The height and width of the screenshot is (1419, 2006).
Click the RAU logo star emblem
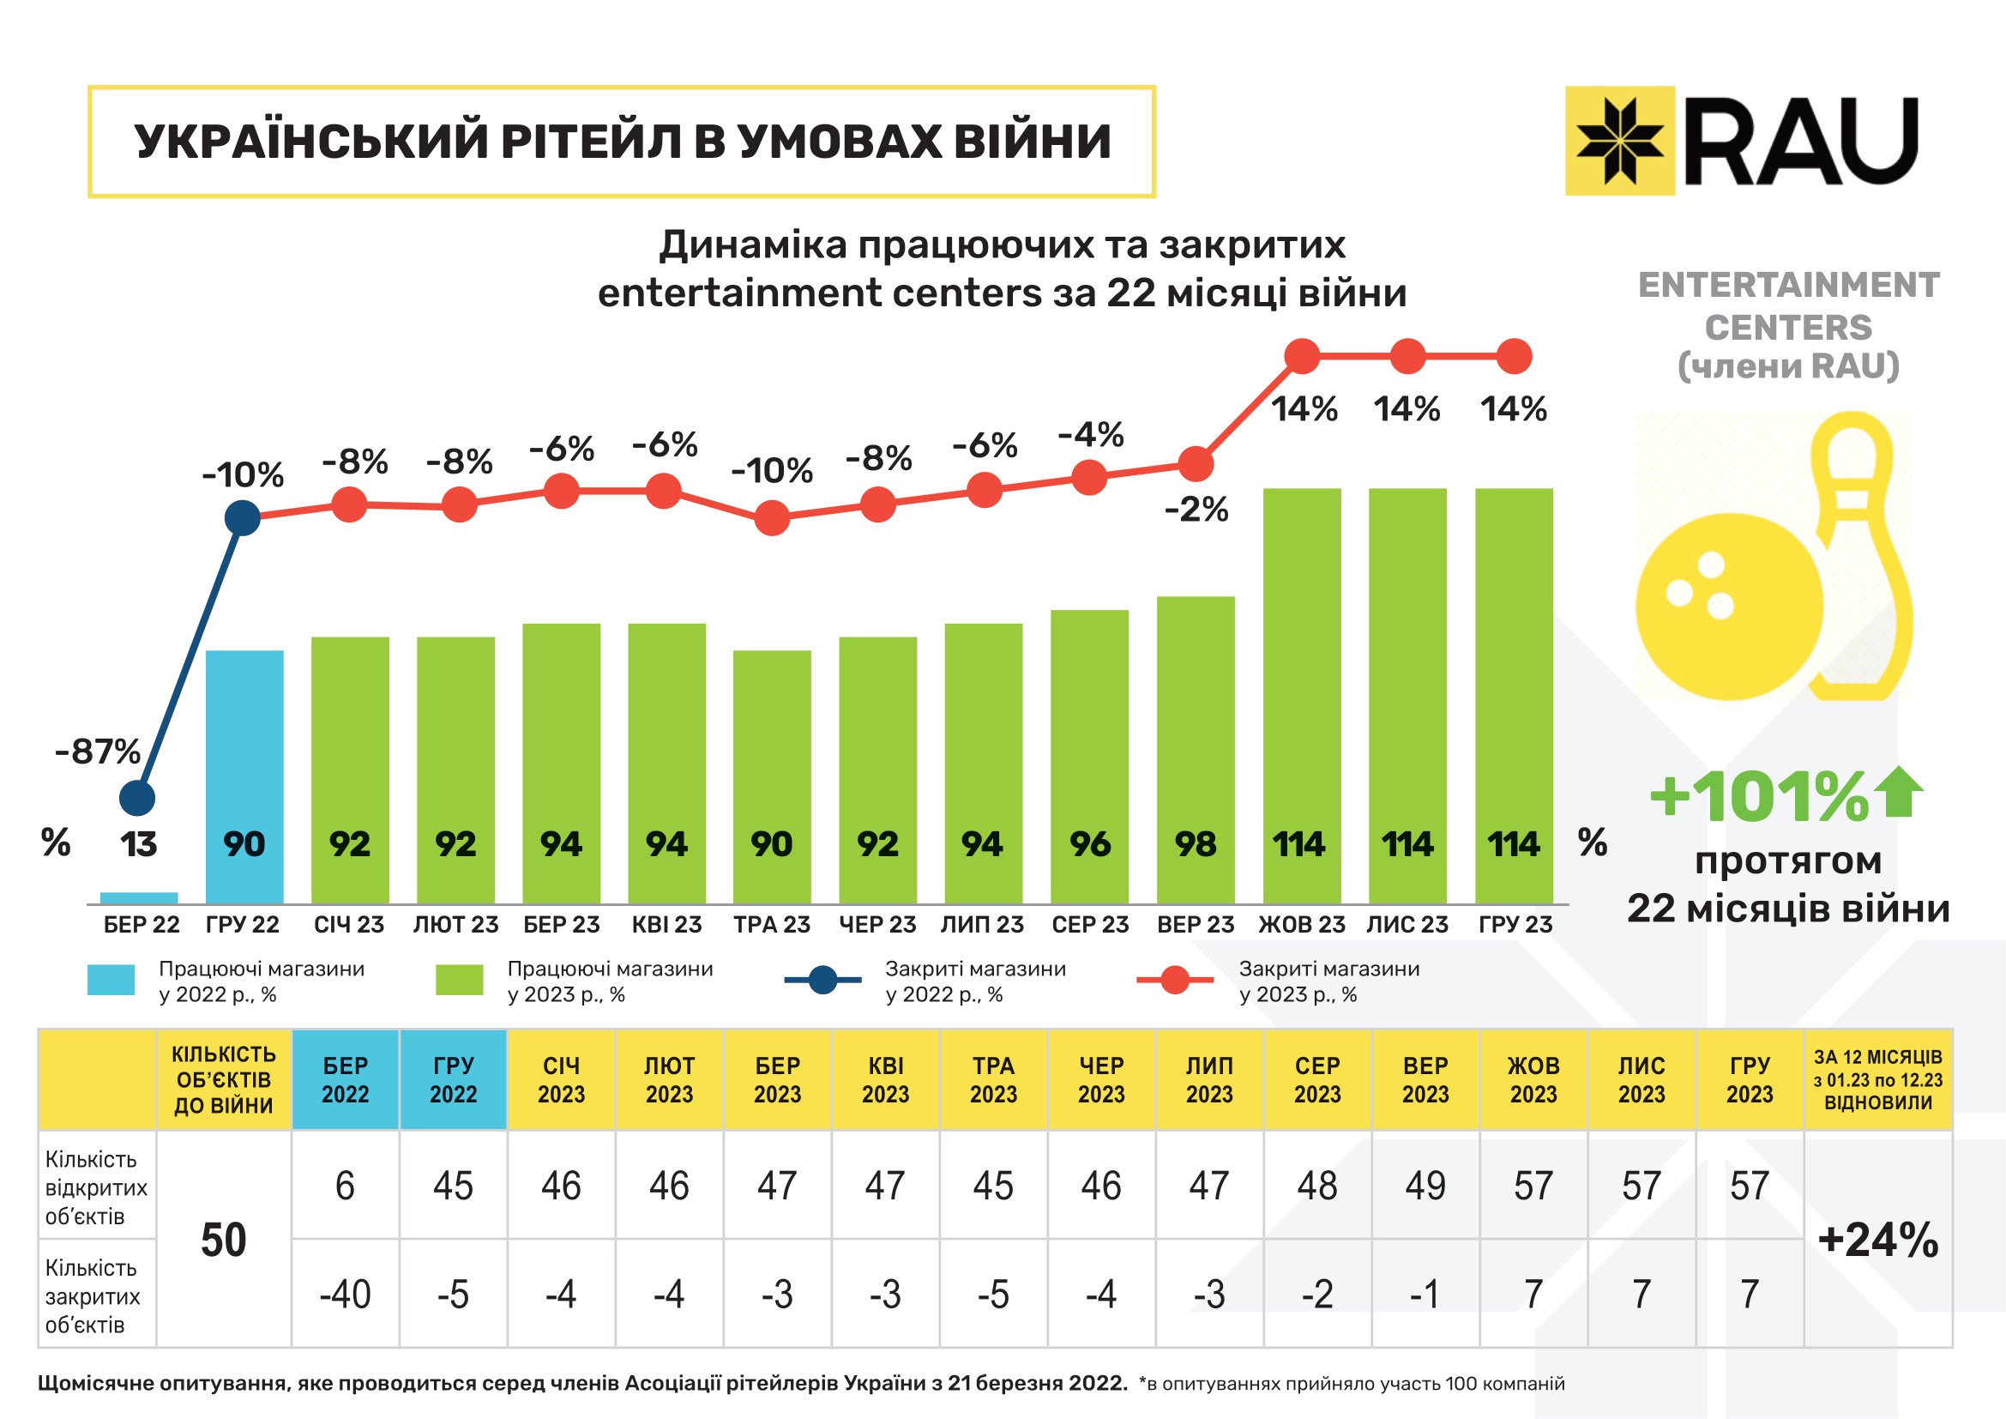coord(1619,140)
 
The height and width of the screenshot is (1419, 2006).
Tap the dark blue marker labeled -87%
coord(137,797)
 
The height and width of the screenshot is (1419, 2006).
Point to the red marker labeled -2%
coord(1196,464)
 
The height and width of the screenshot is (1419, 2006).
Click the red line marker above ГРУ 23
coord(1514,357)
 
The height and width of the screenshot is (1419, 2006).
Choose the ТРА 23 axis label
coord(772,925)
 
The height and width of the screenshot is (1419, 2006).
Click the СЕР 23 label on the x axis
coord(1089,925)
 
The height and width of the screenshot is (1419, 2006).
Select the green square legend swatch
coord(459,980)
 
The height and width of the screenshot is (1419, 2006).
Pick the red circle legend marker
coord(1175,980)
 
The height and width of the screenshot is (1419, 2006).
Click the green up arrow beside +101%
coord(1904,792)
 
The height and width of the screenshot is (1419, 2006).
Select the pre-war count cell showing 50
coord(224,1239)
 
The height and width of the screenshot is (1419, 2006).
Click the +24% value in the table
coord(1877,1239)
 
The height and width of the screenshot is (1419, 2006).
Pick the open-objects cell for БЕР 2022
coord(345,1185)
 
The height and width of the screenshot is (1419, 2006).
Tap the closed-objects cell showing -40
coord(345,1293)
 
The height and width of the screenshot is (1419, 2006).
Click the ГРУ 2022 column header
coord(453,1079)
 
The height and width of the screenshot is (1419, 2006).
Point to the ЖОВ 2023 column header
coord(1533,1079)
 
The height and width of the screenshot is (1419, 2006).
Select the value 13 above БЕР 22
coord(138,844)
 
